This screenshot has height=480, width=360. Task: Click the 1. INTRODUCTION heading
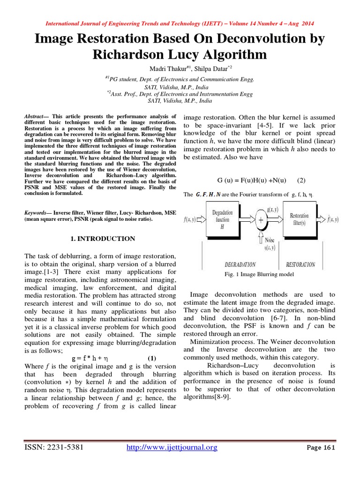tap(103, 239)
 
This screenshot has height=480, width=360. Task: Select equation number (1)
tap(152, 358)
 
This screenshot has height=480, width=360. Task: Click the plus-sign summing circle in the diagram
tap(260, 219)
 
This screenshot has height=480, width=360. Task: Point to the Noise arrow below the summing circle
tap(261, 234)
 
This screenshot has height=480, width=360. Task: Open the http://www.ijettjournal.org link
tap(172, 448)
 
